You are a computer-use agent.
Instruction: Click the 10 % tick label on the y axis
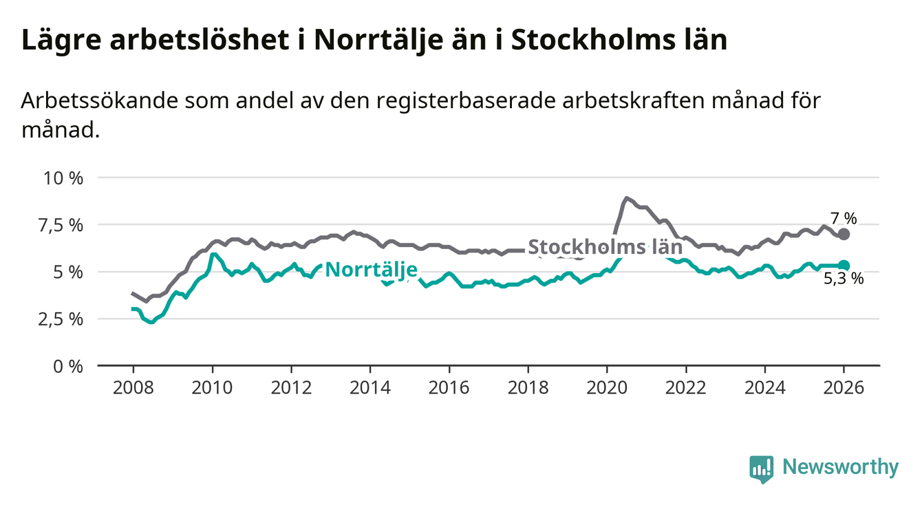pyautogui.click(x=63, y=178)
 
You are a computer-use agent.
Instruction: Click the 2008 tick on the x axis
pyautogui.click(x=133, y=387)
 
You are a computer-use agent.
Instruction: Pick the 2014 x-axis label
pyautogui.click(x=369, y=387)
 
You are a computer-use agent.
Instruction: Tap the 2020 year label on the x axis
pyautogui.click(x=607, y=387)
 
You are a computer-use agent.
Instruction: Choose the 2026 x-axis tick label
pyautogui.click(x=844, y=387)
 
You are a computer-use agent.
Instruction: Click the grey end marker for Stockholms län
pyautogui.click(x=844, y=234)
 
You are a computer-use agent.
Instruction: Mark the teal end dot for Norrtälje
pyautogui.click(x=844, y=266)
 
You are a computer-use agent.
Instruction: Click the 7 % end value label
pyautogui.click(x=844, y=219)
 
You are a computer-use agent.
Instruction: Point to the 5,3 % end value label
pyautogui.click(x=844, y=279)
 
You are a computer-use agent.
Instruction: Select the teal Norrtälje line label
pyautogui.click(x=371, y=270)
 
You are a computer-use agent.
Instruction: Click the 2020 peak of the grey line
pyautogui.click(x=626, y=198)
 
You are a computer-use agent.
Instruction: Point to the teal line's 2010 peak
pyautogui.click(x=214, y=255)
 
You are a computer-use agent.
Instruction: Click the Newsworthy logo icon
pyautogui.click(x=761, y=469)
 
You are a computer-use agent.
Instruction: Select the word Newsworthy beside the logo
pyautogui.click(x=840, y=468)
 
